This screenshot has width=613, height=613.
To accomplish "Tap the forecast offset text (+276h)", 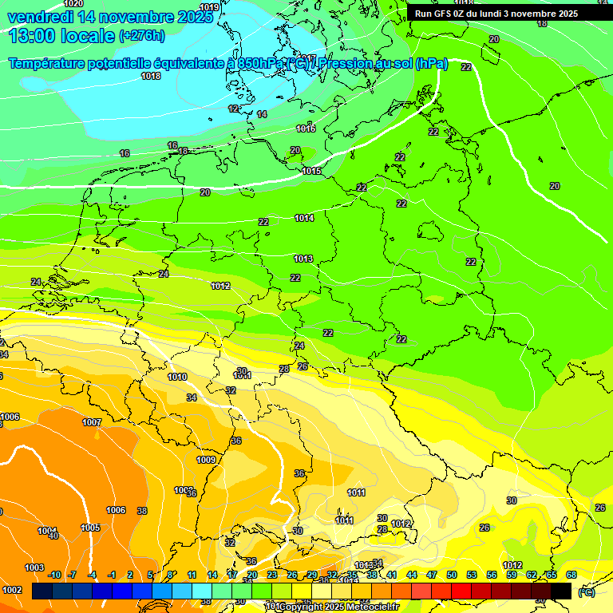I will pos(142,36).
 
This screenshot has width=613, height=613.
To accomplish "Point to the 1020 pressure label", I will pos(73,4).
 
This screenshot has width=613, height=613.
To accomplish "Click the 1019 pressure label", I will pos(209,8).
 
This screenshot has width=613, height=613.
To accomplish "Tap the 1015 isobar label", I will pos(312,171).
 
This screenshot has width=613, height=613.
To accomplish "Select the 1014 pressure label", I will pos(304,218).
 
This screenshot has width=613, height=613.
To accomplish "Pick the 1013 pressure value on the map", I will pos(303,259).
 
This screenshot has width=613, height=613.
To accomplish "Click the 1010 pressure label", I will pos(177,377).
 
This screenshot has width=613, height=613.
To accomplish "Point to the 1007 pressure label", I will pos(92,422).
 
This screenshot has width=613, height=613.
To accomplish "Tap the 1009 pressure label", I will pos(206,460).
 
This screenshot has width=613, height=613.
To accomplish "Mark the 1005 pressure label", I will pos(90,528).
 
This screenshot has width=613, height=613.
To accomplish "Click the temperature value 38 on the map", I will pos(142,511).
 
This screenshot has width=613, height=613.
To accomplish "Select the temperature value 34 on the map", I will pos(192,397).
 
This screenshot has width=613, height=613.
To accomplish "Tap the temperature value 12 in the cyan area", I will pos(234,109).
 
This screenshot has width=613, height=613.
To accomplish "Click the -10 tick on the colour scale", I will pos(54,575).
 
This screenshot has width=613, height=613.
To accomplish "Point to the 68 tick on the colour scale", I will pos(571,575).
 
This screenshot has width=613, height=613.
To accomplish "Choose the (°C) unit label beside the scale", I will pos(587,592).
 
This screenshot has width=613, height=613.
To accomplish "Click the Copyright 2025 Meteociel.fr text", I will pos(336,607).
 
